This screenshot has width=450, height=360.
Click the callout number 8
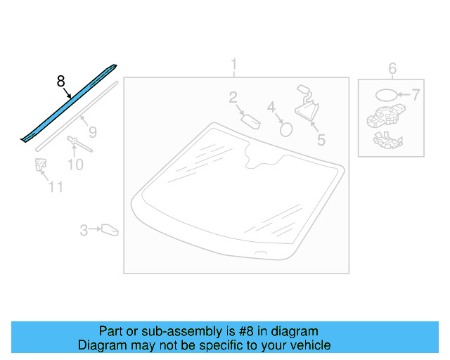[x=61, y=82]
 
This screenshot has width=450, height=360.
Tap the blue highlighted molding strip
[x=69, y=103]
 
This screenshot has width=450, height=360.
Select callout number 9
[x=93, y=132]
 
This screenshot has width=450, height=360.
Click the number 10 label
[x=75, y=165]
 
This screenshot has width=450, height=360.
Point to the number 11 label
[x=56, y=187]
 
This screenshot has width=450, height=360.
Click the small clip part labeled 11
[x=41, y=165]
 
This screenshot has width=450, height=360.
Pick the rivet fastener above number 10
[x=79, y=144]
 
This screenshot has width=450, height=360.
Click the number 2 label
[x=233, y=97]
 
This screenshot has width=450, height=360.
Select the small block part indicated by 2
[x=251, y=122]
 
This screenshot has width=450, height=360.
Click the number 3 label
[x=84, y=230]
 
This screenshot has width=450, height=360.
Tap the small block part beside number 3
[x=110, y=230]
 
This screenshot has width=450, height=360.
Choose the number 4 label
[x=271, y=107]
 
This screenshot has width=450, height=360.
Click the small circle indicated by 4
[x=286, y=130]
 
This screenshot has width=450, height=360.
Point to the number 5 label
[x=321, y=140]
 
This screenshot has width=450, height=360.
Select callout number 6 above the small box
[x=392, y=69]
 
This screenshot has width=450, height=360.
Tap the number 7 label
[x=416, y=95]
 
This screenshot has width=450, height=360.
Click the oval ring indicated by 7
[x=386, y=95]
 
